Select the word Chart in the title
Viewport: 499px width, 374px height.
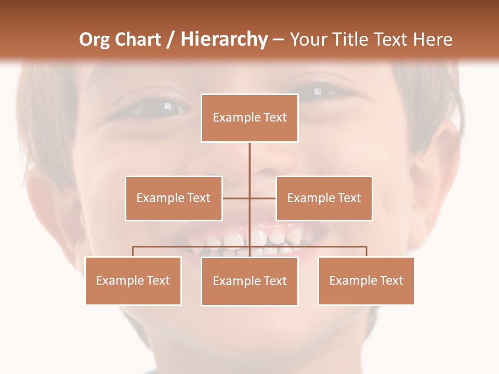139,39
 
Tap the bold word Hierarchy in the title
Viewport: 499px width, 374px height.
224,39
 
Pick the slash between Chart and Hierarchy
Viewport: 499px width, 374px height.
170,40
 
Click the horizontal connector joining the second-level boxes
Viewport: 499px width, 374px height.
237,198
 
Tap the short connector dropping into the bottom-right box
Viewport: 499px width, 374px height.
366,251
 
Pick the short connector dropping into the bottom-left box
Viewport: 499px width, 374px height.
133,251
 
